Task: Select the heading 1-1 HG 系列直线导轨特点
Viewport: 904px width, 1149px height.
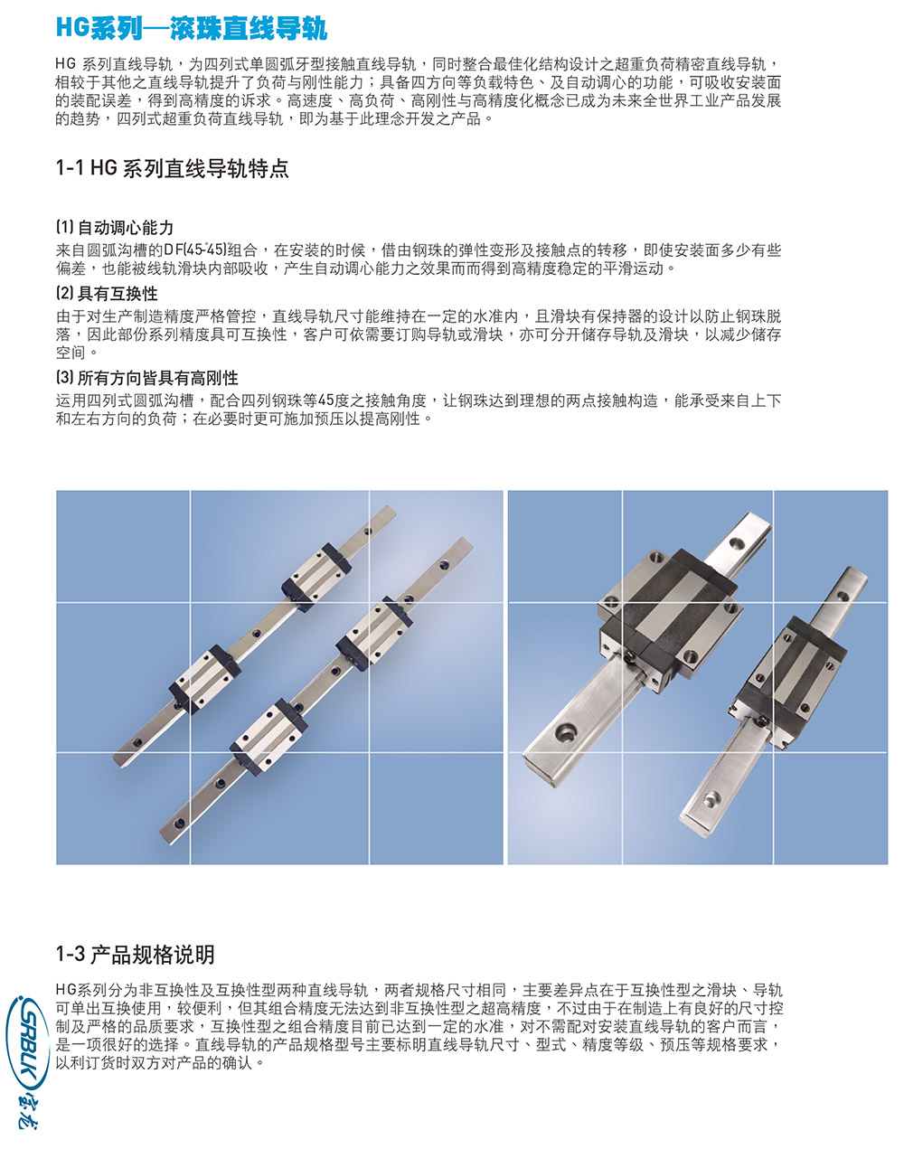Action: click(x=172, y=168)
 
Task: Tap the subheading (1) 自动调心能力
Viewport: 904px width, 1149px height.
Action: click(x=115, y=228)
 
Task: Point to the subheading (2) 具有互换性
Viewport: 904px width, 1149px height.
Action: click(x=107, y=294)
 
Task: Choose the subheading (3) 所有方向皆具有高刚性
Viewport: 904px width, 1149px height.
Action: click(x=147, y=378)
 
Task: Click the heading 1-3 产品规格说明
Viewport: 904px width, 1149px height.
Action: click(x=135, y=955)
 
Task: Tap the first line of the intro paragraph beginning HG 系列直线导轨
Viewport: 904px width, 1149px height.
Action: click(x=416, y=64)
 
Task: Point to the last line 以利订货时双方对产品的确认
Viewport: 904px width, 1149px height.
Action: click(x=161, y=1063)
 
